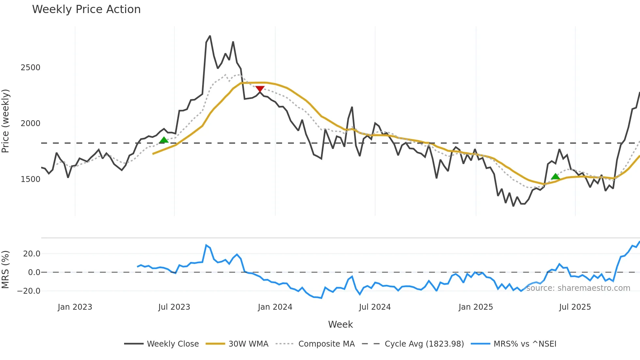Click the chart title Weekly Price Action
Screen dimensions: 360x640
pyautogui.click(x=86, y=9)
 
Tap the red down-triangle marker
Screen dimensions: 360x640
pyautogui.click(x=260, y=89)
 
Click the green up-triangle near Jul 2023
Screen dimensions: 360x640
pyautogui.click(x=164, y=140)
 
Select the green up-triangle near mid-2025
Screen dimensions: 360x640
pyautogui.click(x=555, y=177)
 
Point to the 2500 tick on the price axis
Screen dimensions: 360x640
pyautogui.click(x=30, y=68)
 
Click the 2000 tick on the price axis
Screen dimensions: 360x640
pyautogui.click(x=30, y=123)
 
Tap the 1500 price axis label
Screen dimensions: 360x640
pyautogui.click(x=30, y=179)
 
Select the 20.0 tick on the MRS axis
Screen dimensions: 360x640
pyautogui.click(x=32, y=254)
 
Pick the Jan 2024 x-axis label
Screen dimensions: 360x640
pyautogui.click(x=275, y=307)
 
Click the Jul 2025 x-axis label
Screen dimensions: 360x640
pyautogui.click(x=575, y=307)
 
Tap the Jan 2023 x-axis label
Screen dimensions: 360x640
pyautogui.click(x=75, y=307)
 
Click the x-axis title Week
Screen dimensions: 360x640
pyautogui.click(x=340, y=324)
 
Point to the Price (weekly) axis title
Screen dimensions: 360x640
pyautogui.click(x=6, y=121)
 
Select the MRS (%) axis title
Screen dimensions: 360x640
pyautogui.click(x=6, y=270)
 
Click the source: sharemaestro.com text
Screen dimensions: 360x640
pyautogui.click(x=578, y=288)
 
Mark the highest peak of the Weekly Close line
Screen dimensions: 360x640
pyautogui.click(x=210, y=36)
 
